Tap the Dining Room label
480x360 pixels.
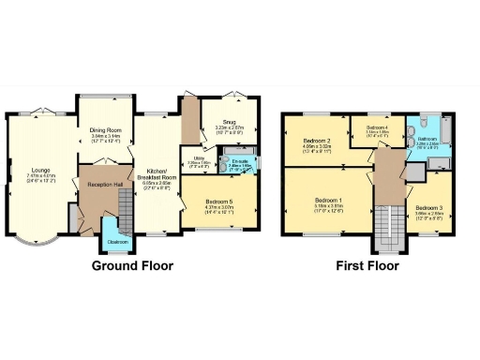(x=106, y=130)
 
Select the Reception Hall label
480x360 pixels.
(x=106, y=185)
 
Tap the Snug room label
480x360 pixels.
(x=229, y=121)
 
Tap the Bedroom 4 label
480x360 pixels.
(x=377, y=127)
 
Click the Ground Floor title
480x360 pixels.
(x=132, y=265)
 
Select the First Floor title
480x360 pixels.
(x=367, y=265)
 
